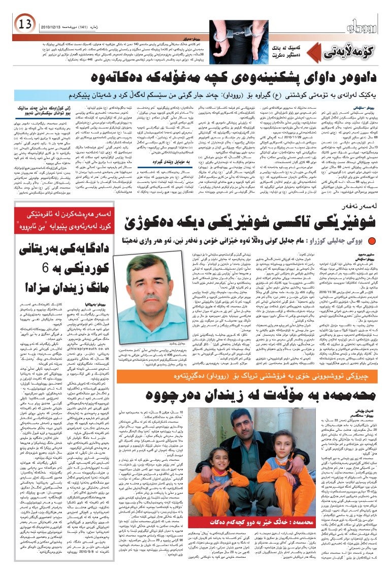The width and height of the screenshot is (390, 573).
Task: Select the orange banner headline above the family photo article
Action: click(244, 377)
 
